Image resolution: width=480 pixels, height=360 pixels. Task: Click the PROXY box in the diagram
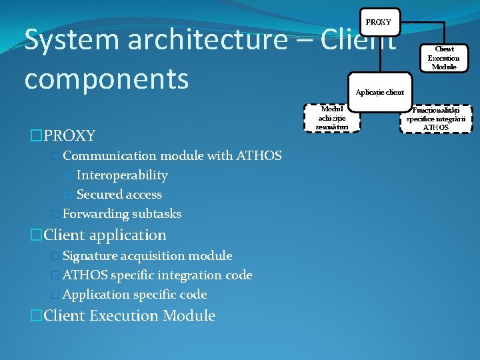pos(379,22)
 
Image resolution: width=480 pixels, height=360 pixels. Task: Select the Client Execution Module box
pos(443,58)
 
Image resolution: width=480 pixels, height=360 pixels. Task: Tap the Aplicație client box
pos(379,91)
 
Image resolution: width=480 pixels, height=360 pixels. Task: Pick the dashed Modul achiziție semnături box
pos(331,118)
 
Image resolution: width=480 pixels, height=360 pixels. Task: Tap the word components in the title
pos(107,79)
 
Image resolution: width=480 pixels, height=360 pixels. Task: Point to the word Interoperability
pos(122,175)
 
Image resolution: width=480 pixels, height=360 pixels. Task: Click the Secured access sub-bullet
pos(119,195)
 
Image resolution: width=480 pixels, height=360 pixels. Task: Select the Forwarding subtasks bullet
pos(121,214)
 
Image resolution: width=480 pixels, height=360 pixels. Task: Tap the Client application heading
pos(105,235)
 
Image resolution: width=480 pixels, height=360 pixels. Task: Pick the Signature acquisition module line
pos(147,256)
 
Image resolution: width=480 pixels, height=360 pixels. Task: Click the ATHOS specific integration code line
pos(157,275)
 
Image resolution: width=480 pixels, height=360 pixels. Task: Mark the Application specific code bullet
pos(135,295)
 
